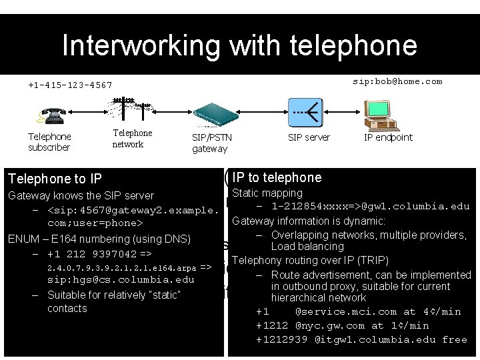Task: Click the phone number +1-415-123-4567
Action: tap(70, 85)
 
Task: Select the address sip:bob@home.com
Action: tap(397, 81)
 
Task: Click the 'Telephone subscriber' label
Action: tap(49, 142)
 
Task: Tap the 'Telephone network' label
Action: tap(132, 139)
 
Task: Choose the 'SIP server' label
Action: tap(309, 137)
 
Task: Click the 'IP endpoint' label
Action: tap(388, 137)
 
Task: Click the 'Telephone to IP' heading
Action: tap(54, 179)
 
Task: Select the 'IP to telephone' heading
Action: tap(277, 177)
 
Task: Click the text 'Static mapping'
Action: tap(267, 193)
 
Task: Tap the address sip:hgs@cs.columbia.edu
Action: tap(120, 280)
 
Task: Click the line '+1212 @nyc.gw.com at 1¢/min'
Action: tap(342, 325)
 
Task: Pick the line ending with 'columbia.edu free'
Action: tap(361, 339)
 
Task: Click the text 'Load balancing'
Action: tap(307, 247)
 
